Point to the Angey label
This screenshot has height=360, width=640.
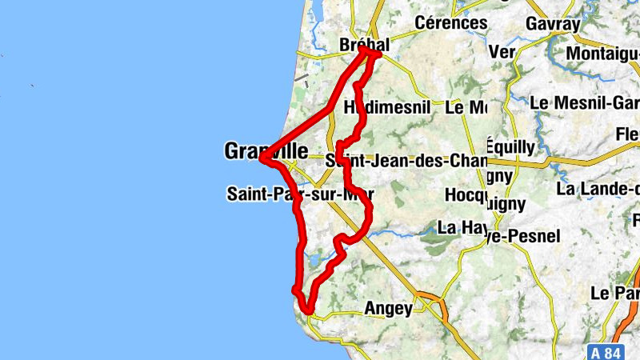coord(388,308)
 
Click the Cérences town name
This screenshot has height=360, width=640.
coord(451,23)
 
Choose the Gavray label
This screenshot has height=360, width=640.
coord(553,24)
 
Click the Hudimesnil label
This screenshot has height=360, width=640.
coord(386,106)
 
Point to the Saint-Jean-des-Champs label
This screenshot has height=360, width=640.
coord(406,160)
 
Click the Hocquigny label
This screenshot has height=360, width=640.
coord(473,194)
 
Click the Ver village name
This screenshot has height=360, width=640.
coord(502,52)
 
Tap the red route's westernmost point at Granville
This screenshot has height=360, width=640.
coord(262,158)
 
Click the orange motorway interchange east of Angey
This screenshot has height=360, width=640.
coord(432,305)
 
